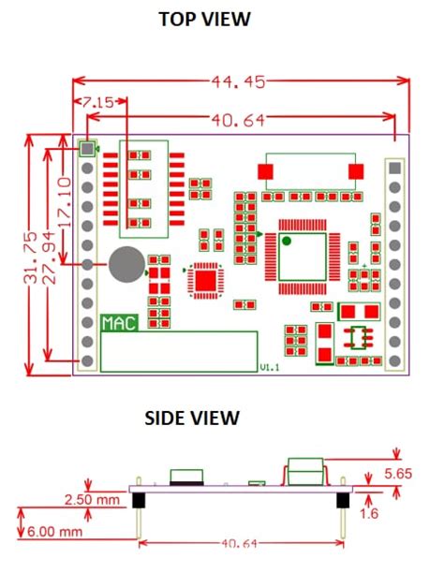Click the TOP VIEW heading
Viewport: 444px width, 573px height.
[x=204, y=19]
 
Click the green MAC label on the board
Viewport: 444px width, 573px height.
[x=119, y=323]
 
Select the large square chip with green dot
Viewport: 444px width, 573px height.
[x=302, y=256]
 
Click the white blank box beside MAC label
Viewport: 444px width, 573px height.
[x=178, y=351]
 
